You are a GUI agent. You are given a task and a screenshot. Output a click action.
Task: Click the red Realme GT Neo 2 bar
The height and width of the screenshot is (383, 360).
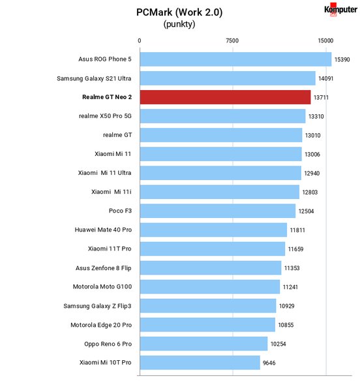coord(225,97)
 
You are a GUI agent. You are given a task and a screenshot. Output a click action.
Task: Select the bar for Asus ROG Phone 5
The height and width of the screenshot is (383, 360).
coord(236,59)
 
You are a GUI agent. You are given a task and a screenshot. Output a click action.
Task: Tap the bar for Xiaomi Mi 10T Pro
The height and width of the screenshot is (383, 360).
coord(200,363)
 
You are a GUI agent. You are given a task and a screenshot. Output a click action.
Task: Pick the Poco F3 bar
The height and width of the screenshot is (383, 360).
coord(218,211)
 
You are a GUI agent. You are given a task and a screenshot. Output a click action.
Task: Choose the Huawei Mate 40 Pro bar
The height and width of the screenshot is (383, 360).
coord(213,230)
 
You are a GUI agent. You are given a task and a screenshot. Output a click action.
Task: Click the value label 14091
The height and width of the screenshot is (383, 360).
coord(325,79)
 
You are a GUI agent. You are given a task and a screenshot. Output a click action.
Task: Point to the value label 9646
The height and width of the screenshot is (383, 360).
coord(269,363)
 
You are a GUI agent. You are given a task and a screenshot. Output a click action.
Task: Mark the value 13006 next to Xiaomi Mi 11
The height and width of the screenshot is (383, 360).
coord(312,155)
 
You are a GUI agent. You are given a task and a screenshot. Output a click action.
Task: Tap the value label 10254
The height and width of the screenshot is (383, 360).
coord(278,344)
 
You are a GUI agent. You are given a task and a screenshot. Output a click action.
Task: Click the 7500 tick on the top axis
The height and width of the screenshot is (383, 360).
coord(232,40)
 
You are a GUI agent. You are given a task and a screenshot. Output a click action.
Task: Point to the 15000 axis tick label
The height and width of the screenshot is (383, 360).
coord(325,40)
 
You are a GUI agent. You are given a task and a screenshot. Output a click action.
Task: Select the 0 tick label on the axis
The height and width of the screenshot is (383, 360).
coord(140,40)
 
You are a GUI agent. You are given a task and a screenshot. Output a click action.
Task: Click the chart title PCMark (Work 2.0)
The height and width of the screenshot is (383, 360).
coord(179,12)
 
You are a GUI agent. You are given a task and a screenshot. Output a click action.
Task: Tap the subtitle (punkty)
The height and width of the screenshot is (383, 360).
coord(179,24)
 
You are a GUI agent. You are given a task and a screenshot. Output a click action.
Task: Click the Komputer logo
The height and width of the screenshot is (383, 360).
coord(340,10)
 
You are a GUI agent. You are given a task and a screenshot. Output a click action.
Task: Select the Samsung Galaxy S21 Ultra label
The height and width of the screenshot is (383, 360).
coord(94,78)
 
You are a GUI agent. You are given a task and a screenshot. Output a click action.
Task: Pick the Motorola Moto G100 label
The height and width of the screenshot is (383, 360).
coord(102,286)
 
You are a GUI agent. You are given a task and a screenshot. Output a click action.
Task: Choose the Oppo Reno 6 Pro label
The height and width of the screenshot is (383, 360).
coord(108,344)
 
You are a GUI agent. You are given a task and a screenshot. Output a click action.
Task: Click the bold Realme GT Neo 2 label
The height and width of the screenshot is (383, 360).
coord(107,97)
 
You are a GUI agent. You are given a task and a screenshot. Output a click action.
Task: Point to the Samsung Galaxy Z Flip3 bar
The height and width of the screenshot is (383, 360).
coord(208,306)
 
